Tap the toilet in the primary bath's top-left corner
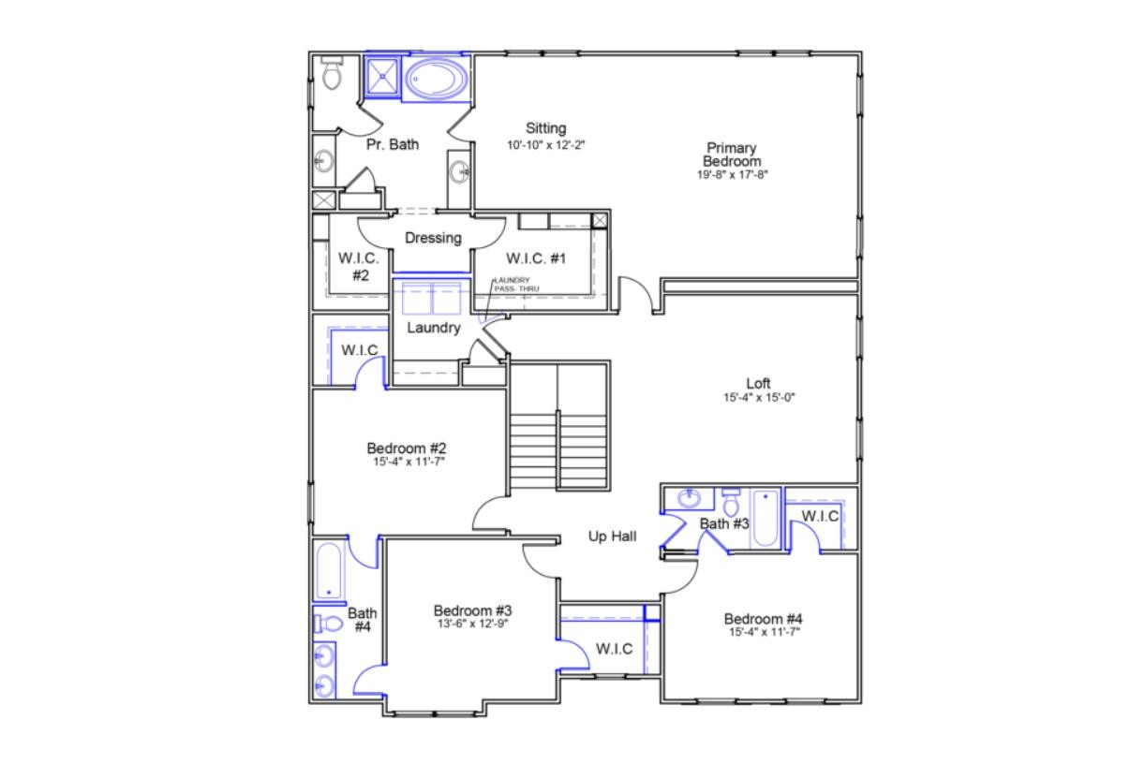coord(331,73)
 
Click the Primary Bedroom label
coord(732,154)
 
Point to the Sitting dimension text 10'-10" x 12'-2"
coord(545,145)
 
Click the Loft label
coord(758,383)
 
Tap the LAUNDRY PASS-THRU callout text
coord(512,285)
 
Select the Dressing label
coord(433,238)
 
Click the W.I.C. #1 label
coord(536,258)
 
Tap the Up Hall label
coord(613,536)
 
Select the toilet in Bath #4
coord(329,623)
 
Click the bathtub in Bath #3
coord(765,518)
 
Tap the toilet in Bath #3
coord(732,502)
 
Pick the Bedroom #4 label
coord(763,619)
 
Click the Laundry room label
coord(433,328)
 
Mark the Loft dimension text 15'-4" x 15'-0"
coord(758,397)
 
